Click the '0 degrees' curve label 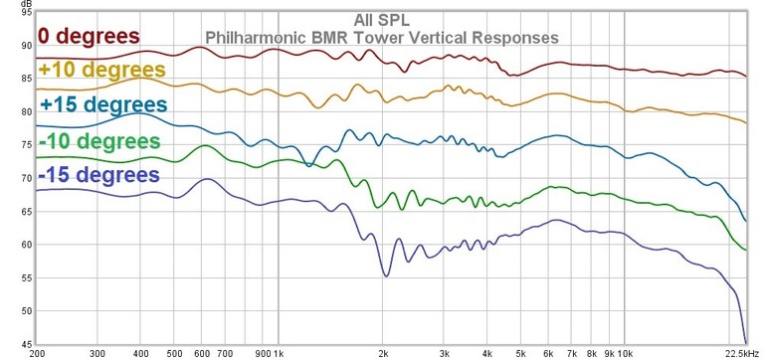(89, 37)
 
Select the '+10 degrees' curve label (102, 71)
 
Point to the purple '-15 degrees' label (99, 175)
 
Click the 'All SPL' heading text (381, 20)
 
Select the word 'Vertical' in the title (443, 38)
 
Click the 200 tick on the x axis (37, 353)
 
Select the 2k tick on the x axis (383, 353)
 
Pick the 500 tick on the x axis (174, 353)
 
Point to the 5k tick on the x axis (520, 353)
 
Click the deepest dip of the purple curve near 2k (385, 275)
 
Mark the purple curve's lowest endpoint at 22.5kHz (746, 343)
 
